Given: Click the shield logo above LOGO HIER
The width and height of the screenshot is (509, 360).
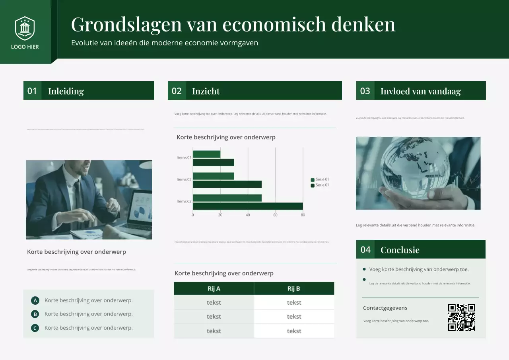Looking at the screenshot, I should point(25,28).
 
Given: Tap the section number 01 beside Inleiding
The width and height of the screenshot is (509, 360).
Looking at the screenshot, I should point(32,91).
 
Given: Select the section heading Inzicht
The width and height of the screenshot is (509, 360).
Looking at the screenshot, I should point(206,91).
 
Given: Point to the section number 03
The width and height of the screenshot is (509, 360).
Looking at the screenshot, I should point(365,91).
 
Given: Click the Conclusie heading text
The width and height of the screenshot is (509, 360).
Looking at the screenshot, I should point(400,250).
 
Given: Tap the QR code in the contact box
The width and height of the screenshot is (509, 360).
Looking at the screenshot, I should point(462,317).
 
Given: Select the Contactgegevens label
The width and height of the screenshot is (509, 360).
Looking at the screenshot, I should point(385,308).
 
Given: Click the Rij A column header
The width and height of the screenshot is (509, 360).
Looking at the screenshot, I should point(214,288).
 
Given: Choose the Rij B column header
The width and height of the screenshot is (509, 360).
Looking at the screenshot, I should point(294,288).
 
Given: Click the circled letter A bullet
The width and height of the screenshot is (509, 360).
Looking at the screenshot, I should point(35,301).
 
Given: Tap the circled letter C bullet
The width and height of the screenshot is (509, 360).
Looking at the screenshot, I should point(35,328).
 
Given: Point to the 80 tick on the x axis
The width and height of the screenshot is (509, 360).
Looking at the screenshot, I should point(303,215).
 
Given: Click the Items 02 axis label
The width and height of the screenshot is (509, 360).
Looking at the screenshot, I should point(184,179).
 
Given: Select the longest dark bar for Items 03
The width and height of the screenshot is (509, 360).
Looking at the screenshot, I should point(247,206).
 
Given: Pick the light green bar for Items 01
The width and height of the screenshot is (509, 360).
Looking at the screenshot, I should point(206,154).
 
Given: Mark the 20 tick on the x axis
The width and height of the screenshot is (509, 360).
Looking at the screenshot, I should point(220,215).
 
